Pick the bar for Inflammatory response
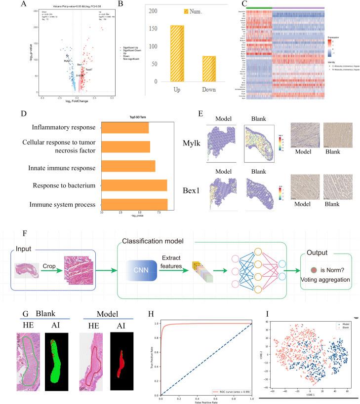(125, 128)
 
